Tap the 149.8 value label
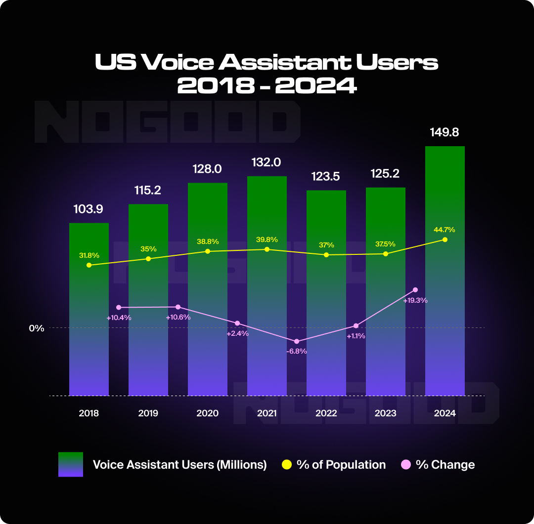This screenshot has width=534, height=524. pos(445,132)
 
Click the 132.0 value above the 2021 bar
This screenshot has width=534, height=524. pos(267,162)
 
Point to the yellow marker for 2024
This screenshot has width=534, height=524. pos(445,240)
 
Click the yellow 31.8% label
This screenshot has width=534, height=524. pos(89,255)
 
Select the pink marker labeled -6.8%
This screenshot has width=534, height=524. pos(297,341)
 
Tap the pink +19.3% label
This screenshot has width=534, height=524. pos(415,300)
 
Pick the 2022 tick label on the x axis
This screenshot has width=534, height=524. pos(326,413)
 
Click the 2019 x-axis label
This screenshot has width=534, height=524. pos(148,413)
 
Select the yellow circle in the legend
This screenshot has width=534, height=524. pos(286,465)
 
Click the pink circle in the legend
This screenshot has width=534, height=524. pos(406,465)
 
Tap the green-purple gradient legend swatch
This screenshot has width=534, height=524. pos(70,464)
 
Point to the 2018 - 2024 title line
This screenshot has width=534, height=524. pos(267,86)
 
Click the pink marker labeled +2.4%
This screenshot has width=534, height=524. pos(237,323)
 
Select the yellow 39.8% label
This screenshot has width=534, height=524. pos(267,240)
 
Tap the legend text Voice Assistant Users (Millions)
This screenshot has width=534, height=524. pos(179,465)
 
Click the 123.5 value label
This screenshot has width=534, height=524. pos(326,176)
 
